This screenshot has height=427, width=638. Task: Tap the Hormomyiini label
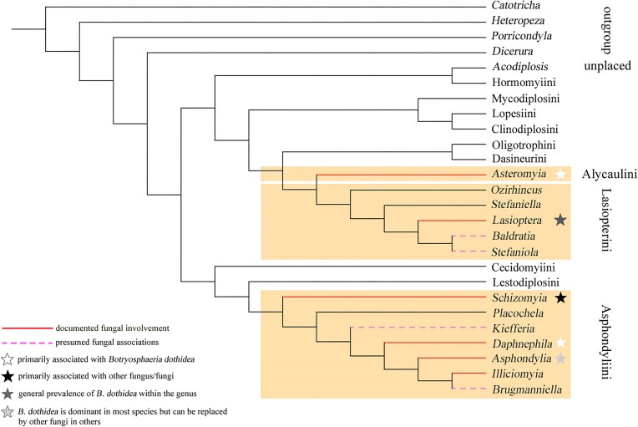518,83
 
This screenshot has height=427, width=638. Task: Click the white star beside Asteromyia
561,175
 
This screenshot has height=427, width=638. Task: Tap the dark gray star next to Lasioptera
560,221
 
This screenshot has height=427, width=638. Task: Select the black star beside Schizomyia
561,297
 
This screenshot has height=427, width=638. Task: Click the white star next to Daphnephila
562,343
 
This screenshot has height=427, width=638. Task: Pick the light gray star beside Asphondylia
562,358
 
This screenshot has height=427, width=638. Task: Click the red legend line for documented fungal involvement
27,328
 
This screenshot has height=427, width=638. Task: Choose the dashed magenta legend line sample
27,342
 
